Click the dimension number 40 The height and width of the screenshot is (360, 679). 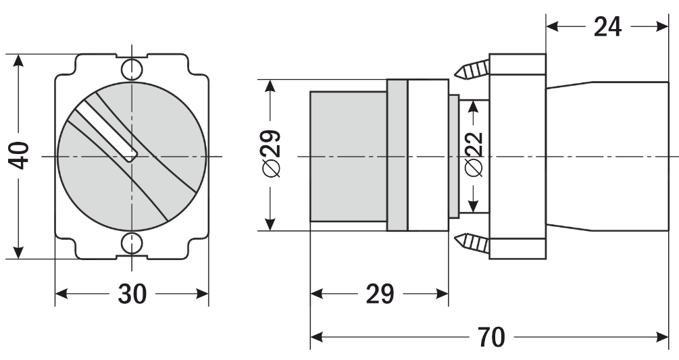coord(19,156)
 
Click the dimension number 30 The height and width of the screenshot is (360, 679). coord(132,294)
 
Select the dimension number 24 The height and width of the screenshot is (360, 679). coord(607,27)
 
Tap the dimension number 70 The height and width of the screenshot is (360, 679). coord(491,337)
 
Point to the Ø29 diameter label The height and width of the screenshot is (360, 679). coord(272,154)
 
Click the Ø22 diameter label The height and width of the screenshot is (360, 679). coord(474,155)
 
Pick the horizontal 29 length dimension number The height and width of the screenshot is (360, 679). coord(380,294)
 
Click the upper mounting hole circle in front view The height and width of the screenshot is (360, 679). coord(132,69)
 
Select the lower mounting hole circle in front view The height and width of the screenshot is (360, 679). coord(132,243)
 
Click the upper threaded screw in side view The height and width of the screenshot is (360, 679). coord(472,69)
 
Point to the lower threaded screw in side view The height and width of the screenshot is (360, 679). coord(472,243)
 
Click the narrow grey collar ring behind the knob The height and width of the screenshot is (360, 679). coord(397,155)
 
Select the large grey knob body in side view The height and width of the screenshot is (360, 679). coord(348,156)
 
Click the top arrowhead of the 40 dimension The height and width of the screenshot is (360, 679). coord(18,61)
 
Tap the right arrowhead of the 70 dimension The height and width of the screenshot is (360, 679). coord(663,337)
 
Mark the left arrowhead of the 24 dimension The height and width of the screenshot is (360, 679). coord(553,27)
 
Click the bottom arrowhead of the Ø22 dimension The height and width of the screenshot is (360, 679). coord(474,206)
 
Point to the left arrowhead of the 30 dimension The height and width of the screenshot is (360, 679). coord(62,294)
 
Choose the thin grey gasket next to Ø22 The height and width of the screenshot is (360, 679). coord(454,156)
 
